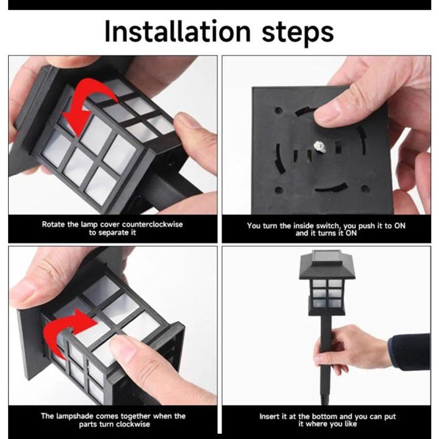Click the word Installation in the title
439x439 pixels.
pos(178,31)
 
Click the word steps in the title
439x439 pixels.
pos(298,34)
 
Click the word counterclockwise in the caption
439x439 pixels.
pos(153,224)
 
